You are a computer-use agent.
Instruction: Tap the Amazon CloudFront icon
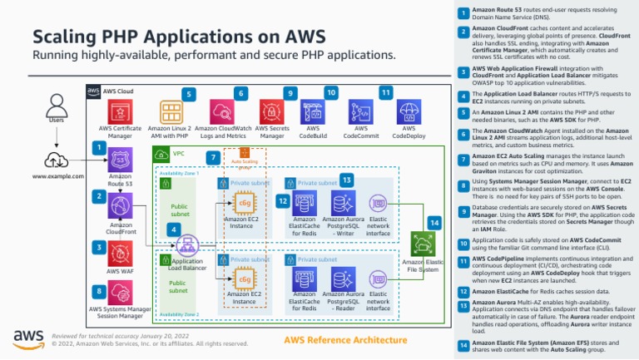[x=120, y=208]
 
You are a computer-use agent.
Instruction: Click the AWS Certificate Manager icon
[x=120, y=111]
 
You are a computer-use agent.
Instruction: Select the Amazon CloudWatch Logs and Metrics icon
[x=223, y=111]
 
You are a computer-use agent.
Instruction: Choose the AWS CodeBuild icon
[x=314, y=111]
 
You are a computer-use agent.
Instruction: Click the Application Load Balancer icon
[x=188, y=244]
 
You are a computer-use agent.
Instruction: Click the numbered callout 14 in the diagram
[x=433, y=222]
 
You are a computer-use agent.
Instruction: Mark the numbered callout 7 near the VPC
[x=214, y=157]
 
